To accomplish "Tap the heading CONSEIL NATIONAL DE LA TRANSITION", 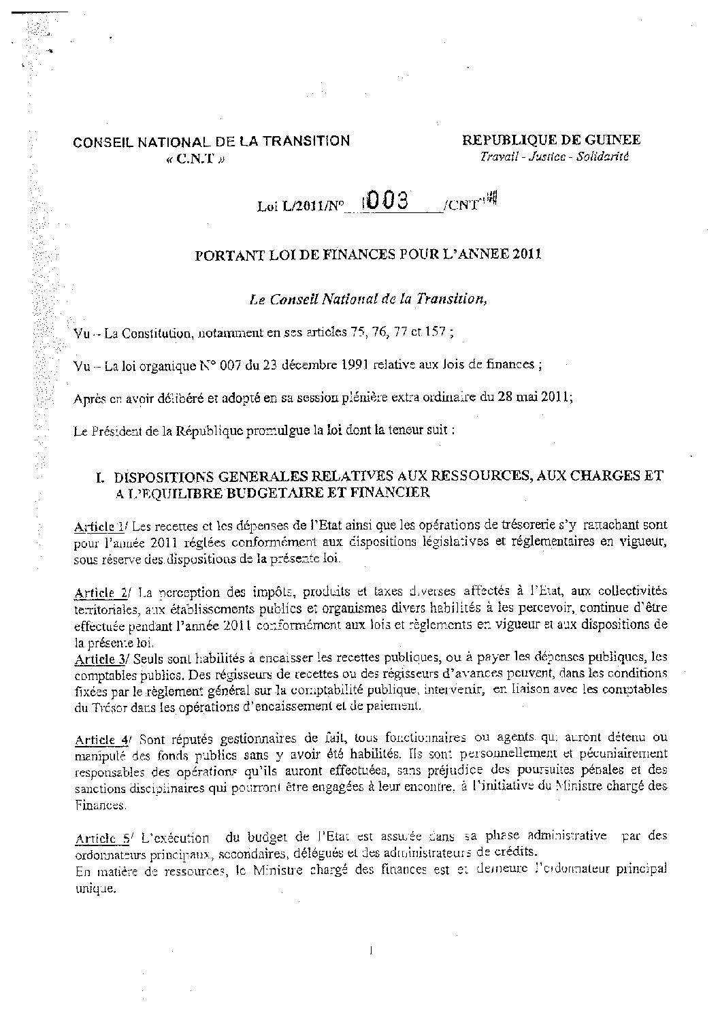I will coord(212,142).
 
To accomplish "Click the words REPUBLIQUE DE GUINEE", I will coord(551,140).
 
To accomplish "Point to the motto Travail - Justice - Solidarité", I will coord(555,157).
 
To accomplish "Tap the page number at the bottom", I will coord(370,951).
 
